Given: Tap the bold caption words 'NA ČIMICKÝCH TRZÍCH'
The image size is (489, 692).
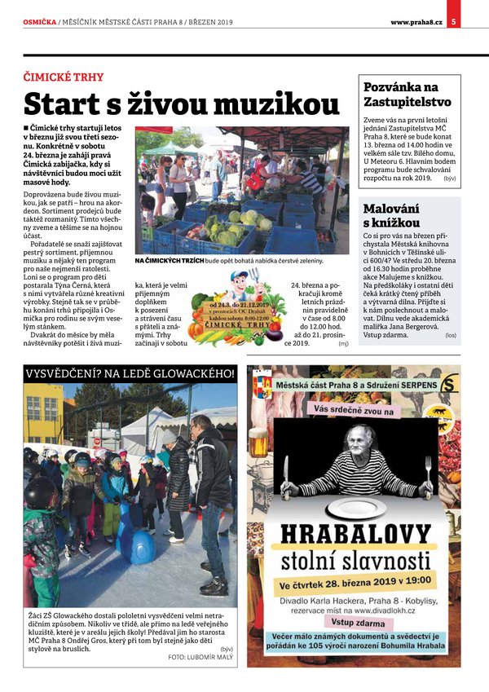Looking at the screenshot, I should pyautogui.click(x=170, y=261).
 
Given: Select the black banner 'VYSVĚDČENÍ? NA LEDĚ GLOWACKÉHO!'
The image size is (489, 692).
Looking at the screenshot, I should pyautogui.click(x=130, y=374).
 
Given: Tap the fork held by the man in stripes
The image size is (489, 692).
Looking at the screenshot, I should pyautogui.click(x=285, y=473).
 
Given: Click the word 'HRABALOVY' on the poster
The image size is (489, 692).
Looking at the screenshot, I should pyautogui.click(x=355, y=536).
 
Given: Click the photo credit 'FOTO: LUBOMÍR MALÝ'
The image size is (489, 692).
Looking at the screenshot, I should pyautogui.click(x=200, y=656).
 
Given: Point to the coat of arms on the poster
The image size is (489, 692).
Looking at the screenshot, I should pyautogui.click(x=262, y=383).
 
